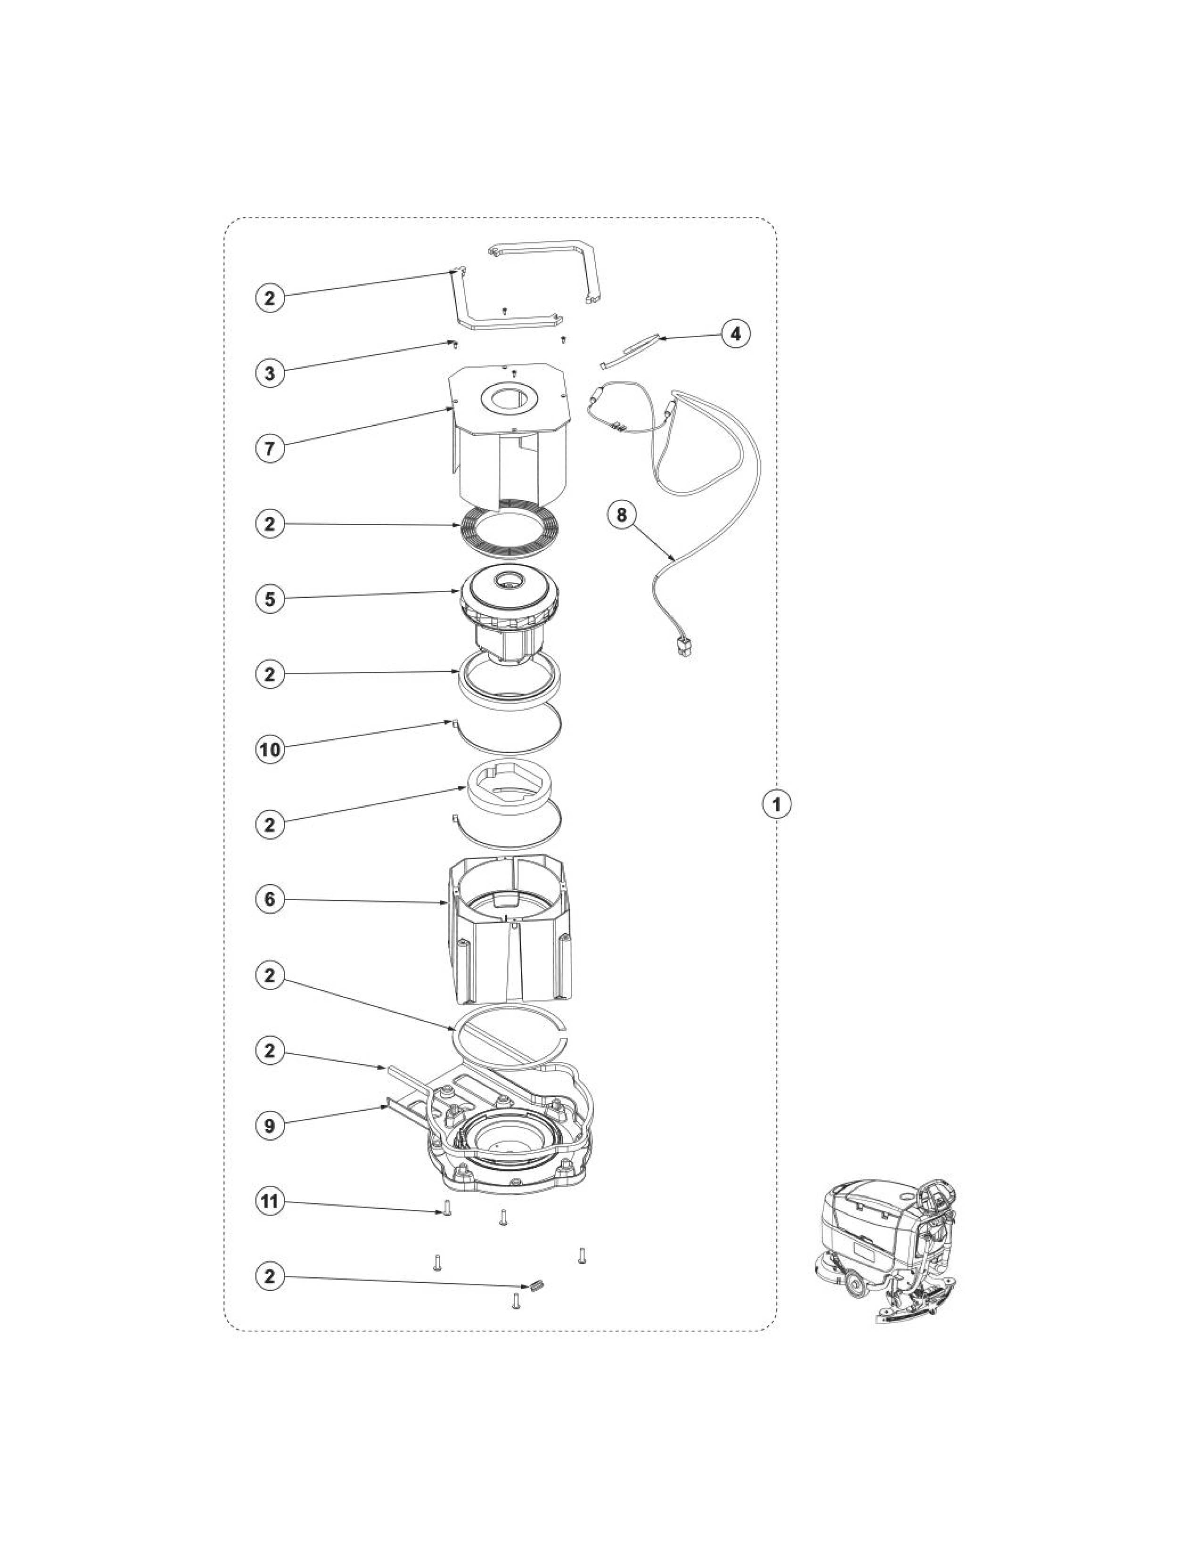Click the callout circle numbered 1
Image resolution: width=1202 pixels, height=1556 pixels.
pos(777,804)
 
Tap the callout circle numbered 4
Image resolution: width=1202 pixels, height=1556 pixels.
pos(736,333)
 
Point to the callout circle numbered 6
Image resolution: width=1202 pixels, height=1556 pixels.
pos(269,899)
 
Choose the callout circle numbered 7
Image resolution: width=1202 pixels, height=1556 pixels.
pos(269,449)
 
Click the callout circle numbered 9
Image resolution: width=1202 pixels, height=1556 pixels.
pos(269,1126)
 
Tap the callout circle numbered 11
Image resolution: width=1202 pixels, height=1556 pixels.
pos(269,1202)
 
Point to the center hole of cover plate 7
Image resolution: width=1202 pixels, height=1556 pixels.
pos(509,399)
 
